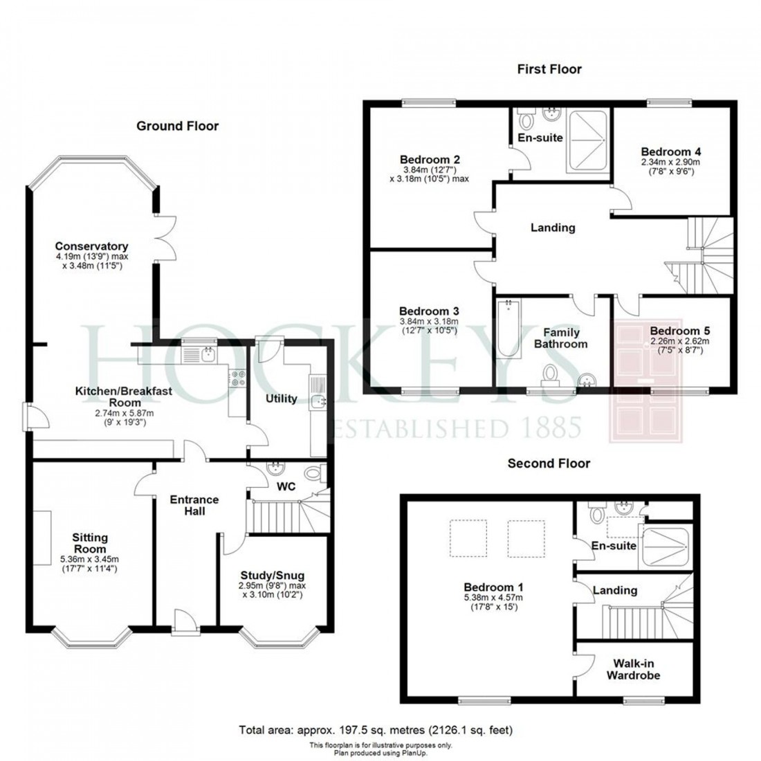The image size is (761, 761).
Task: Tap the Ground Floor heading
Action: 177,126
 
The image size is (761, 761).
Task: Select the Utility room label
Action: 282,398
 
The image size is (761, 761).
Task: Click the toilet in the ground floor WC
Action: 315,474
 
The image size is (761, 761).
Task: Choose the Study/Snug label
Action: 272,576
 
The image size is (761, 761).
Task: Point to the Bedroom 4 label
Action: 666,152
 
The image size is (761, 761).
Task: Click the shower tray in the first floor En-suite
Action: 587,142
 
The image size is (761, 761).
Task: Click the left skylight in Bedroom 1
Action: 468,538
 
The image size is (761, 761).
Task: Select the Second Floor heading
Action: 549,464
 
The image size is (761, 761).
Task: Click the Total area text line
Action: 376,730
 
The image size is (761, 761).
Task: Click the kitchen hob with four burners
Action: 238,378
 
